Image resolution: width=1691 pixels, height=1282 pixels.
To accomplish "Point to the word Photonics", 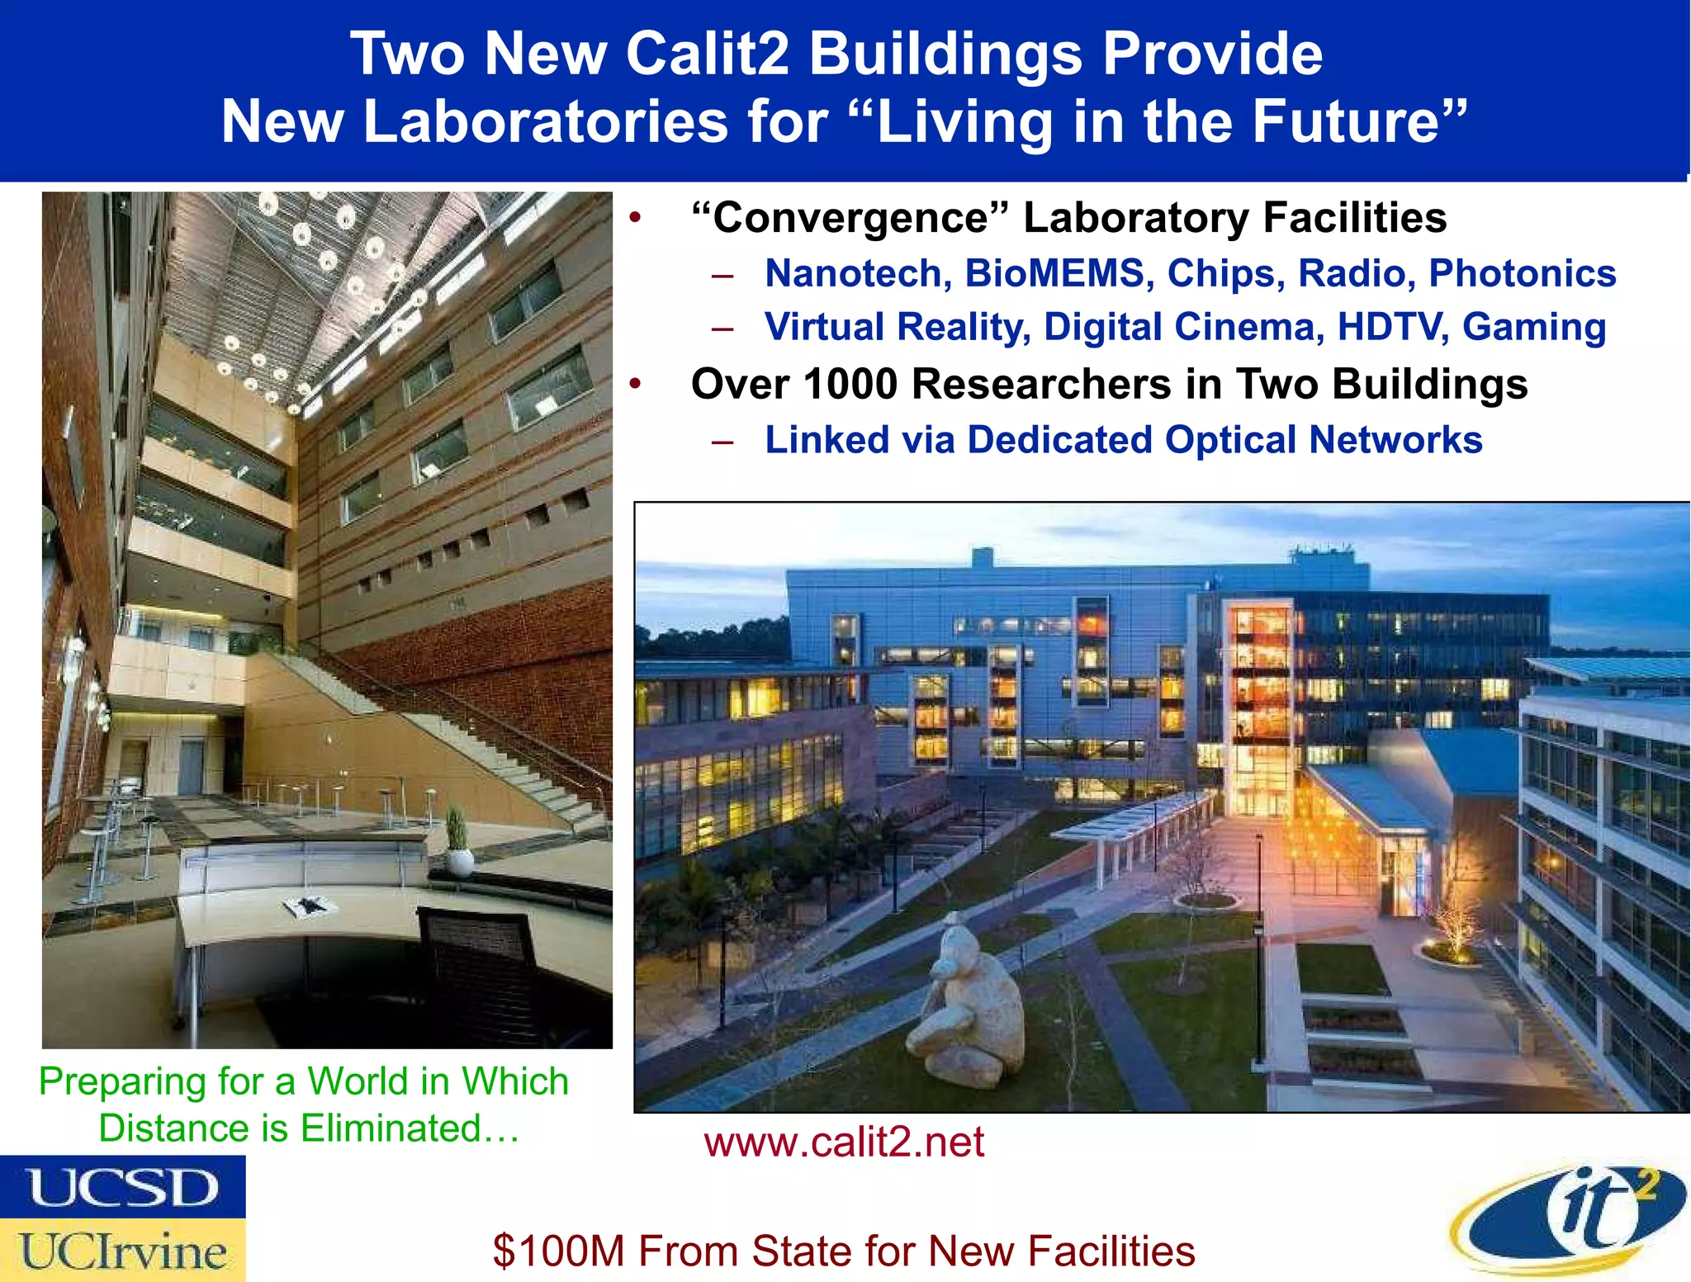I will (1522, 273).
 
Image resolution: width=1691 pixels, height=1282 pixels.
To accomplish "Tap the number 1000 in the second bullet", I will (850, 385).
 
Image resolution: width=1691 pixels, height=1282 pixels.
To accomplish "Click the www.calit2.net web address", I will (843, 1142).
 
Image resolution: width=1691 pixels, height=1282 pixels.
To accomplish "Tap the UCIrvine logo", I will (123, 1251).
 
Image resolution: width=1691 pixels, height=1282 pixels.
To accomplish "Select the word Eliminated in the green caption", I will (391, 1128).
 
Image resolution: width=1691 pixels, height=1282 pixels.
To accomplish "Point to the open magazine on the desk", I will (310, 906).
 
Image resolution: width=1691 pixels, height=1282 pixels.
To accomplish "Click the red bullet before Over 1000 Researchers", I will (634, 385).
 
